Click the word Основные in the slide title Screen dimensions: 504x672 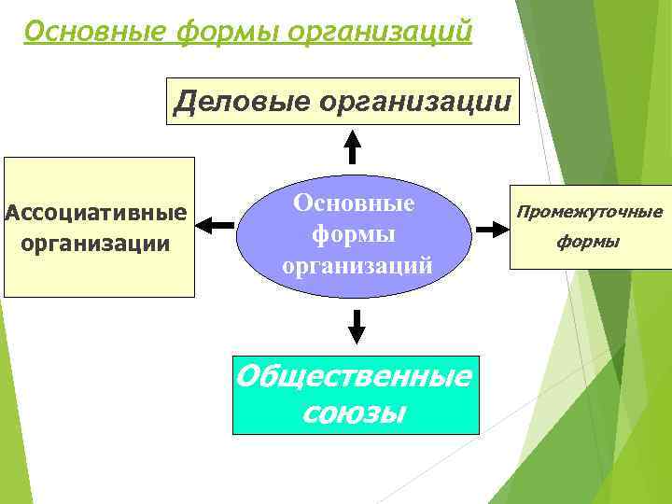[x=89, y=32]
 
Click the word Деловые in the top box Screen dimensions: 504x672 [x=240, y=100]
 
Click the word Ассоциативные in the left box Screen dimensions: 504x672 [x=96, y=213]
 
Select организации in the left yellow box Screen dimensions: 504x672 [x=96, y=244]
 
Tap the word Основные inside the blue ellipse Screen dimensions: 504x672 [x=355, y=201]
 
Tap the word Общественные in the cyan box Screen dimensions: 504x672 [x=355, y=377]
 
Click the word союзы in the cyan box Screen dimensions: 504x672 [x=355, y=411]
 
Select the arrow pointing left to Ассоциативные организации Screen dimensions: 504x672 [x=217, y=226]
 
